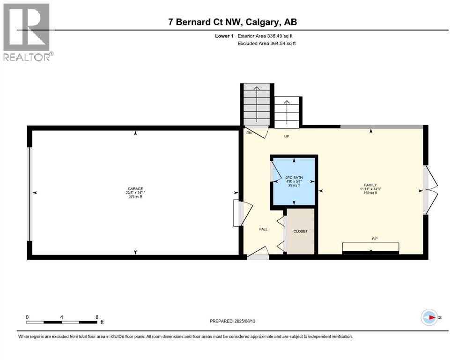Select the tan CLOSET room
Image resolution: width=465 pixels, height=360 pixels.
click(x=301, y=231)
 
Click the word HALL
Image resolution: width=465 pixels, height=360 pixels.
click(x=263, y=229)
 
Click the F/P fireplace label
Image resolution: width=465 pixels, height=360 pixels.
click(x=375, y=239)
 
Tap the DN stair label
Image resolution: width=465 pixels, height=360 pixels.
click(x=249, y=133)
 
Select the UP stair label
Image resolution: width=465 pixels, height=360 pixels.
click(x=287, y=136)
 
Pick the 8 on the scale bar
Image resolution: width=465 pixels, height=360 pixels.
click(x=97, y=317)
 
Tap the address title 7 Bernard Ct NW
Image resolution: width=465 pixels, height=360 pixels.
click(x=233, y=22)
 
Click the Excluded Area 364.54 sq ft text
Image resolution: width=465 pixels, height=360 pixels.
click(x=266, y=43)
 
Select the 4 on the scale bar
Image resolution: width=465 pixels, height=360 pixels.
click(x=62, y=317)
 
